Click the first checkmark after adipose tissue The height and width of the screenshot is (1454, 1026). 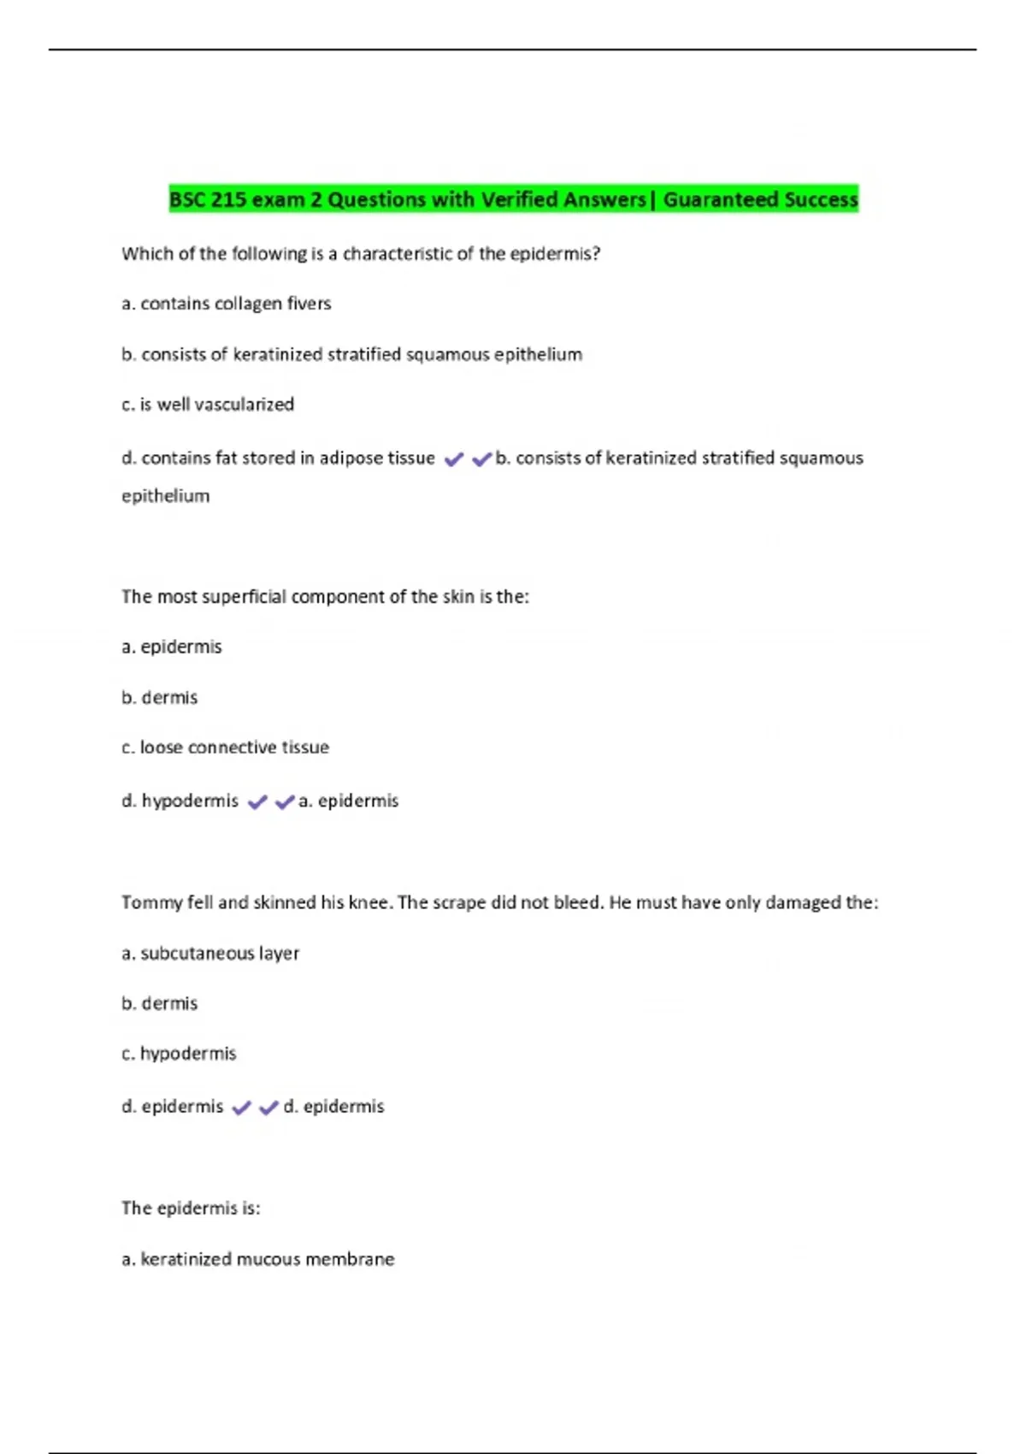click(x=454, y=459)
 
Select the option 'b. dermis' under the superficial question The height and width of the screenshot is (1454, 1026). click(x=160, y=698)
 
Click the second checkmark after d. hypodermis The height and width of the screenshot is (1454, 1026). click(x=285, y=802)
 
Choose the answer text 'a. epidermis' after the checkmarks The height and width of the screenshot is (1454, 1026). click(x=349, y=801)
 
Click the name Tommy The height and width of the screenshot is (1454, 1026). click(x=149, y=903)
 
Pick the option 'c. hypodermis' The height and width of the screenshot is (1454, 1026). click(x=180, y=1054)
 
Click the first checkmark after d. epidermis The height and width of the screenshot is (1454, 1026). click(x=242, y=1108)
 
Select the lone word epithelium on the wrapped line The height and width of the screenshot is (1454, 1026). click(x=165, y=496)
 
